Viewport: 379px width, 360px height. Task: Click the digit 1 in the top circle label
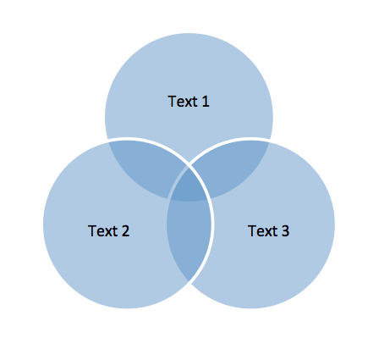(x=206, y=102)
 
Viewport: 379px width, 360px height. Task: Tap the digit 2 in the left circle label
(x=125, y=231)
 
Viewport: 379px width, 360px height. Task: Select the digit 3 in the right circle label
(x=285, y=231)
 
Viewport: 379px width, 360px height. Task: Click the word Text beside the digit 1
(x=183, y=102)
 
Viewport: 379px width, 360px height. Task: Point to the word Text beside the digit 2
(x=102, y=231)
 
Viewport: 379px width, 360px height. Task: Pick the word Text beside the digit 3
(x=262, y=231)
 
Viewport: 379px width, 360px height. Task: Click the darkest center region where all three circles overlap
(x=189, y=186)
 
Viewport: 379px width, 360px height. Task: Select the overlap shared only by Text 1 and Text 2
(x=144, y=167)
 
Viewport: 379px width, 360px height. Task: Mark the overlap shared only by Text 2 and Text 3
(x=188, y=235)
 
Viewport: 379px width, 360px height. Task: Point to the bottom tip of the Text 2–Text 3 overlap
(x=189, y=281)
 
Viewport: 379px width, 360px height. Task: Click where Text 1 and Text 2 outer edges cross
(x=108, y=141)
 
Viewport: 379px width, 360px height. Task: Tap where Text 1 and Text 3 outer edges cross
(x=269, y=141)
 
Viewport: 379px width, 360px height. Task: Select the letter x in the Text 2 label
(x=109, y=232)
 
